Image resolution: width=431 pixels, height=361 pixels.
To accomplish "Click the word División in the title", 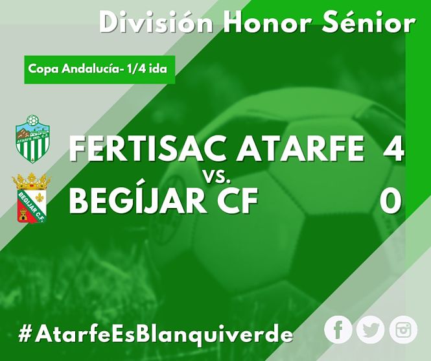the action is pos(156,22).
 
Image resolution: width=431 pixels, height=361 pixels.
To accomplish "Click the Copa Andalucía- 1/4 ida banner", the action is pos(100,69).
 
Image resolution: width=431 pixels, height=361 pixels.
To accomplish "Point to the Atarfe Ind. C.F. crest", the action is pos(32,139).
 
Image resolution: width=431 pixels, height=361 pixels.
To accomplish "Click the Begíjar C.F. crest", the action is pos(31,198).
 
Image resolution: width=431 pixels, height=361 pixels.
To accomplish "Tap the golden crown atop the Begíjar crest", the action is pos(31,181).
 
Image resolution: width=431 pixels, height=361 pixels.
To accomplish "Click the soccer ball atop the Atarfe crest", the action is pos(32,121).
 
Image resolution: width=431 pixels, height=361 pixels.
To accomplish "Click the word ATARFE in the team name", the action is pos(301,149).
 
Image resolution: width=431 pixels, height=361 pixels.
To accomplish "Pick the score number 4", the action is pos(393,149).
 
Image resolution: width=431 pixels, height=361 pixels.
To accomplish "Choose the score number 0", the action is pos(391,200).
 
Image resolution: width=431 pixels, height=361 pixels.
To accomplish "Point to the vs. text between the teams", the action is pos(217,177).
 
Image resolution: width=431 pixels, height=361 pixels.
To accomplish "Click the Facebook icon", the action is pos(338,329).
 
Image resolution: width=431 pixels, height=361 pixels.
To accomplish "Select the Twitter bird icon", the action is pos(370,329).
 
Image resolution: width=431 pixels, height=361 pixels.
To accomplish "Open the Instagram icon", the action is pos(403,329).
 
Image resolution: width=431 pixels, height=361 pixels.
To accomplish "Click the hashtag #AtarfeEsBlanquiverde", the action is pos(156,334).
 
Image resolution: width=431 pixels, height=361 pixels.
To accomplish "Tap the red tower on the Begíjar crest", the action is pos(23,215).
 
